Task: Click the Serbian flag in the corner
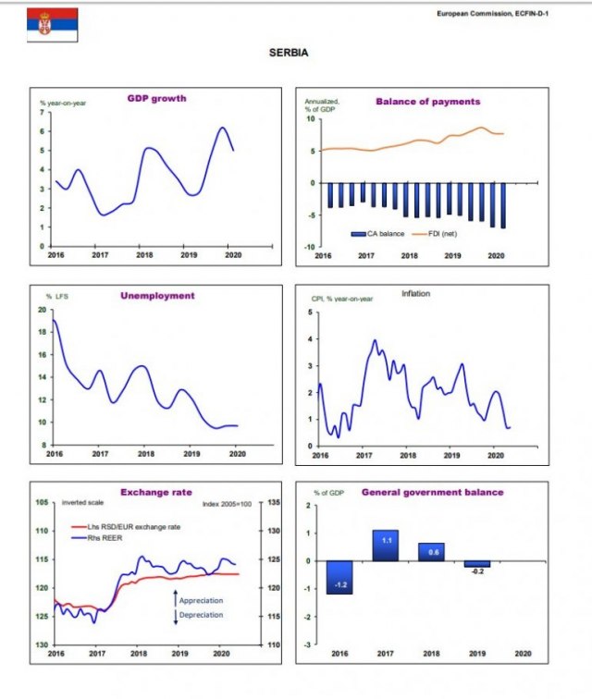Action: (53, 25)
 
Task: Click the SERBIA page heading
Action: (288, 54)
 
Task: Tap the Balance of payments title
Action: (427, 101)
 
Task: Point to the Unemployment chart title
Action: (158, 296)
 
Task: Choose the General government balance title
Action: (432, 493)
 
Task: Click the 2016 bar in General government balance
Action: (340, 576)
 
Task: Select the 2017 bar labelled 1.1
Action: (385, 545)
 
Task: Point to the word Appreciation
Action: (201, 601)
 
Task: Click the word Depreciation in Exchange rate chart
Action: (201, 614)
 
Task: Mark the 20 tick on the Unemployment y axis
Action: (42, 309)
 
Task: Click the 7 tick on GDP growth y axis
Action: (42, 112)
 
